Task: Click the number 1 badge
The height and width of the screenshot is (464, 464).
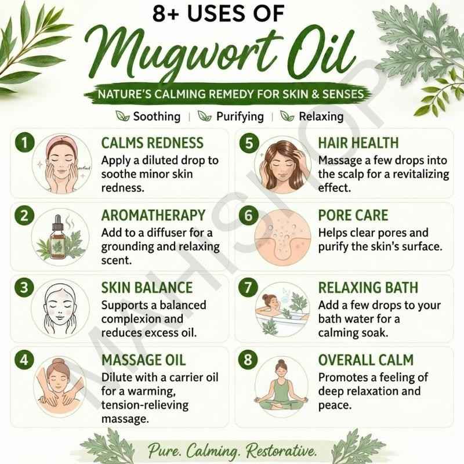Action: pyautogui.click(x=24, y=143)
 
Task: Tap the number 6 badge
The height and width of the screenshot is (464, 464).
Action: pyautogui.click(x=249, y=215)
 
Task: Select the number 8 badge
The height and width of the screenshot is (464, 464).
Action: pyautogui.click(x=248, y=360)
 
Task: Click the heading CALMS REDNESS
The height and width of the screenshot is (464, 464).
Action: pyautogui.click(x=153, y=143)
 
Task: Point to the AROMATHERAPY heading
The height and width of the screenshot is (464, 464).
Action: pyautogui.click(x=153, y=215)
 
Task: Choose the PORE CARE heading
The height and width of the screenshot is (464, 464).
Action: pyautogui.click(x=353, y=215)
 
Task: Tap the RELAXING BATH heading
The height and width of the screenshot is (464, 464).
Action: pyautogui.click(x=368, y=287)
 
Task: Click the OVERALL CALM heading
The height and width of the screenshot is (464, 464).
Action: pyautogui.click(x=366, y=360)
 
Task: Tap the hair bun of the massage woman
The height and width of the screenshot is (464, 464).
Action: pyautogui.click(x=59, y=362)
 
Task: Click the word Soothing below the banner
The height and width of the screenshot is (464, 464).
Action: pyautogui.click(x=157, y=117)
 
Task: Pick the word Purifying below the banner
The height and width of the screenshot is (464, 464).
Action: pyautogui.click(x=240, y=117)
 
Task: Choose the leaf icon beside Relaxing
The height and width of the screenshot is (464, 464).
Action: pyautogui.click(x=287, y=115)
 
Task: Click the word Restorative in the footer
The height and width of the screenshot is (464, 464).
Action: pyautogui.click(x=281, y=451)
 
